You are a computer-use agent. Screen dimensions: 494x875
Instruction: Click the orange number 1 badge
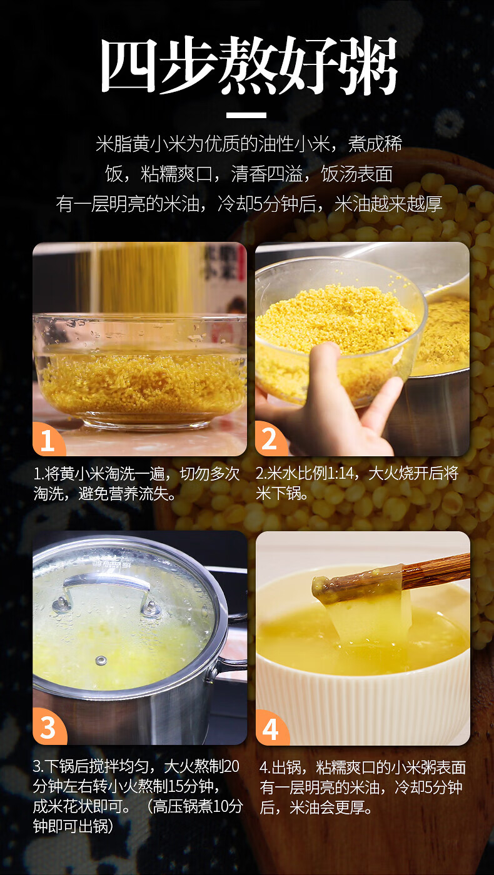coord(48,439)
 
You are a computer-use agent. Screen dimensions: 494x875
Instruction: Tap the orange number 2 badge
coord(270,439)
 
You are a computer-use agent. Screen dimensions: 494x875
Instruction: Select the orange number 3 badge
coord(49,727)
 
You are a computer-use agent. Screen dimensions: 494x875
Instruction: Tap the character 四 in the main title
coord(129,66)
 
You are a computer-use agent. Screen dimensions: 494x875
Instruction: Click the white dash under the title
coord(246,115)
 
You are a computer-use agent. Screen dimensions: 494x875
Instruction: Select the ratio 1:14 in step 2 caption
coord(339,474)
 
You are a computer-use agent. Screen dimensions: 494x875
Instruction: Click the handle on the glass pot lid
coord(106,589)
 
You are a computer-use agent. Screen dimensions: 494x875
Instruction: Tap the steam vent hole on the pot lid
coord(101,661)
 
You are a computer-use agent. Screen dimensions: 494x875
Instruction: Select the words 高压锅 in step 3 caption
coord(174,806)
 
